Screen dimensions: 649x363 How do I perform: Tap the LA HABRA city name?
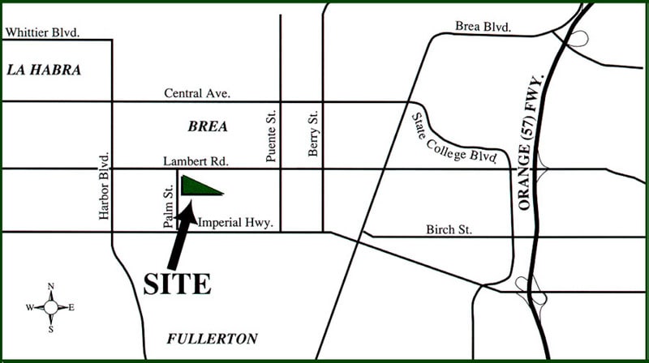[44, 70]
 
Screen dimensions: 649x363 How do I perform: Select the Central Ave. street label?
[197, 94]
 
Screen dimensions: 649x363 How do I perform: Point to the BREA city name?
[208, 127]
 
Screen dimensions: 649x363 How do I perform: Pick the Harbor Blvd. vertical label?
[104, 185]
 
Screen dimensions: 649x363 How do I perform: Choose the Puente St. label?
[272, 135]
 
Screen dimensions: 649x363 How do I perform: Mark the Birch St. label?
[449, 229]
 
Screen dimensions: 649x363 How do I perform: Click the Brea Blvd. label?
[483, 27]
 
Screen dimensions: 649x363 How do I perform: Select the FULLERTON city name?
[212, 339]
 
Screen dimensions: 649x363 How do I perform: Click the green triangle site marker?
[197, 187]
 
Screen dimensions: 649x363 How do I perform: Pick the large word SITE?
[177, 284]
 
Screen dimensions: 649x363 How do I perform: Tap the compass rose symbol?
[50, 307]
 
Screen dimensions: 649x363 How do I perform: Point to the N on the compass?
[50, 287]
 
